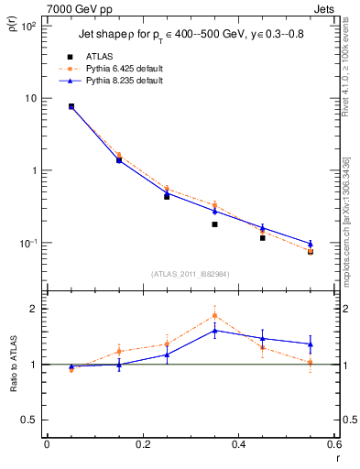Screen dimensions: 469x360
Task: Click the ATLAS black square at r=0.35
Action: [x=214, y=224]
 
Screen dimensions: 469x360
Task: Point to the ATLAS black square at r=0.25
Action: [x=167, y=196]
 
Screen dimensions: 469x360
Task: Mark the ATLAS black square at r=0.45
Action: [x=263, y=237]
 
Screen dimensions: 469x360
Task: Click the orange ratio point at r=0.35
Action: [x=214, y=315]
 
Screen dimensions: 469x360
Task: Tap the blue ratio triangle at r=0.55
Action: [x=311, y=344]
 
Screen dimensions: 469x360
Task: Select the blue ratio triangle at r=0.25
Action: [x=167, y=354]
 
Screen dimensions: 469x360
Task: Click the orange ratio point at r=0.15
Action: [x=119, y=351]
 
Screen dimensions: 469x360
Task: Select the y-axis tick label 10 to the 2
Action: [x=27, y=26]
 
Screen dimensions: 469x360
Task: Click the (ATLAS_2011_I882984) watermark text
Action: [x=190, y=273]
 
